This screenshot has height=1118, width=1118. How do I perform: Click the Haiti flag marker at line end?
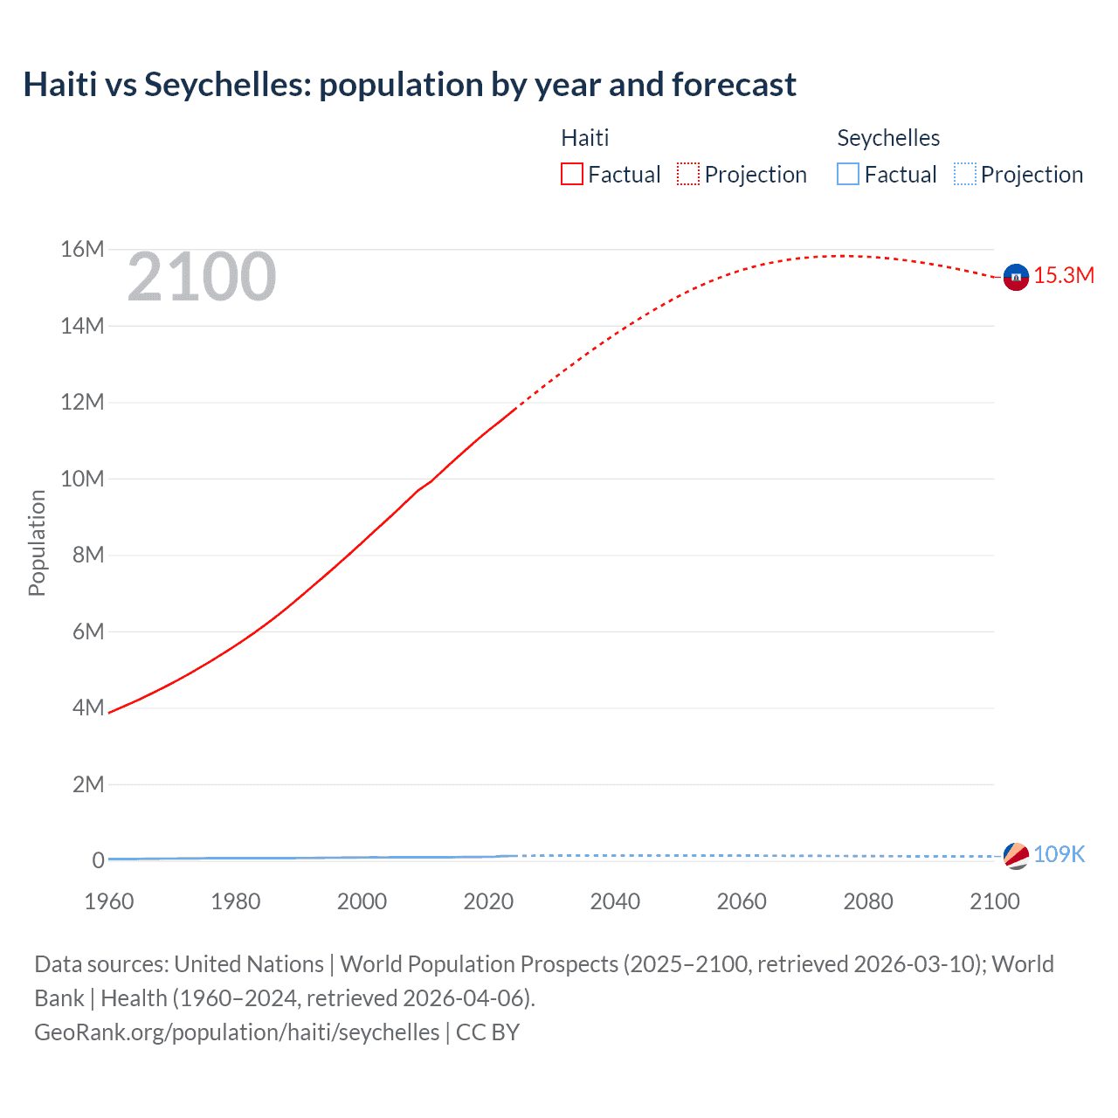point(1016,277)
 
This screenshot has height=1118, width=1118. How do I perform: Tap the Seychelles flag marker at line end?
point(1016,856)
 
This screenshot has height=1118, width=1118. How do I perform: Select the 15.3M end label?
point(1064,276)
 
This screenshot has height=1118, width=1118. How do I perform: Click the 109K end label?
point(1059,855)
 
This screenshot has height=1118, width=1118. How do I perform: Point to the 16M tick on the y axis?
point(82,250)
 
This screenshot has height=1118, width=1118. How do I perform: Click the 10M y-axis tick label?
point(82,479)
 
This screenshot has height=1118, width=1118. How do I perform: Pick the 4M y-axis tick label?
point(88,707)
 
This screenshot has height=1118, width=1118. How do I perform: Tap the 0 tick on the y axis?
point(98,860)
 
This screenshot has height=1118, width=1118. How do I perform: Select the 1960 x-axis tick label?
point(109,901)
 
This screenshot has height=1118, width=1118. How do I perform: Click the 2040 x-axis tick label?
point(615,901)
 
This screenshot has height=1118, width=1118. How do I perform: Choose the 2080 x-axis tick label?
point(868,901)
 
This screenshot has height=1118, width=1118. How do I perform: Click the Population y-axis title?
point(37,542)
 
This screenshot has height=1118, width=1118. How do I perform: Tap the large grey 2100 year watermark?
point(202,278)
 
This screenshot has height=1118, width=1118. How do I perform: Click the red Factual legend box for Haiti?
point(572,175)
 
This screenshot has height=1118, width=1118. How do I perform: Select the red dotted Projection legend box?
point(688,175)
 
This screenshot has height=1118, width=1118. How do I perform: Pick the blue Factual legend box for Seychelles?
point(848,175)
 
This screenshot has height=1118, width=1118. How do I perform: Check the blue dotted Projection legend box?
point(964,175)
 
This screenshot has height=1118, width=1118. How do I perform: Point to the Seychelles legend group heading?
point(888,138)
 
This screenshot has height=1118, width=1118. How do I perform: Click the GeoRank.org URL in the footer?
point(237,1032)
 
